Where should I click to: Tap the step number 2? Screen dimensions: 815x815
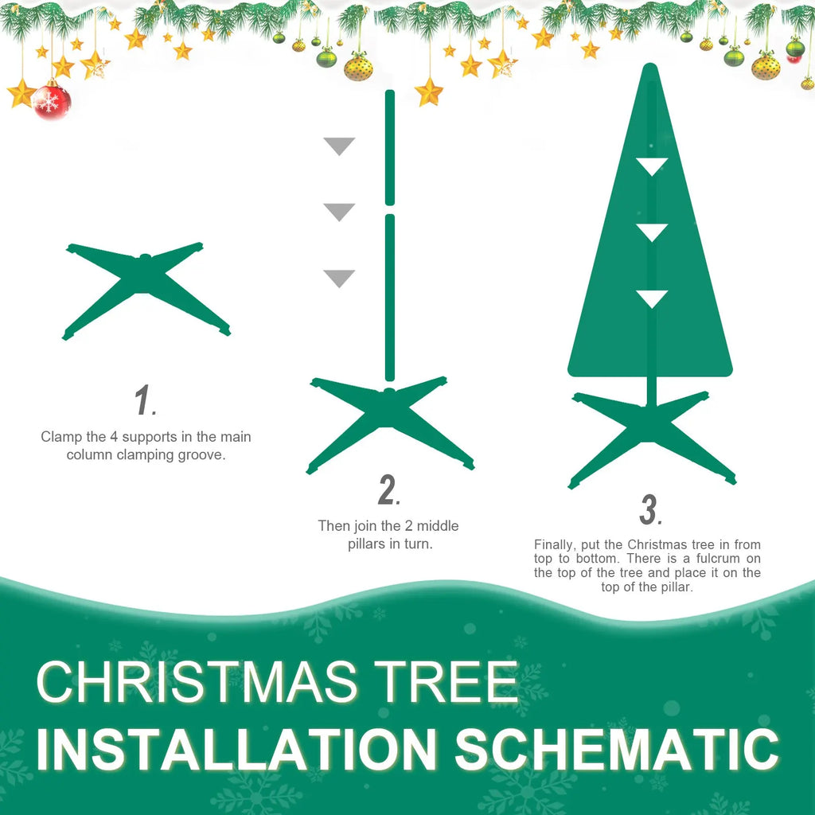(388, 491)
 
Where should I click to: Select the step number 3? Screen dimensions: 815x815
(650, 510)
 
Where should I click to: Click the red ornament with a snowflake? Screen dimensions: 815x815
(52, 101)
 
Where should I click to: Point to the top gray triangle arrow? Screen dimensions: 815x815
(339, 146)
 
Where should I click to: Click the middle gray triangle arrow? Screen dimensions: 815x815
(339, 212)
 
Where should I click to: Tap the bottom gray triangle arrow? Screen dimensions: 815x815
(339, 278)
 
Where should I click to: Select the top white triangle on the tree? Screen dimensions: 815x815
(652, 166)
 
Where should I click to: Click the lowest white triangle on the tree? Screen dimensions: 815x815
(652, 298)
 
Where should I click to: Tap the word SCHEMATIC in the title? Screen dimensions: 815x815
(617, 749)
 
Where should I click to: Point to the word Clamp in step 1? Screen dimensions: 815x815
(60, 437)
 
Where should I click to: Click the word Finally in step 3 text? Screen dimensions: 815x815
(553, 544)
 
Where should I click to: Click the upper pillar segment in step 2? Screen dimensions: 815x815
(389, 146)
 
